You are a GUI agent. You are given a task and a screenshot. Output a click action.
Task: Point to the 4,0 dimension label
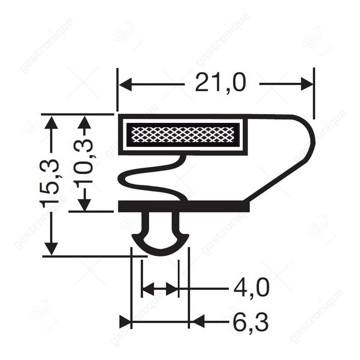[x=252, y=287]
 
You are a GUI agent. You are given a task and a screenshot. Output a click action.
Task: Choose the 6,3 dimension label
[x=251, y=321]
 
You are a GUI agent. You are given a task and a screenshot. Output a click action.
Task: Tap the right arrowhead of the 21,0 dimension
[x=307, y=84]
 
